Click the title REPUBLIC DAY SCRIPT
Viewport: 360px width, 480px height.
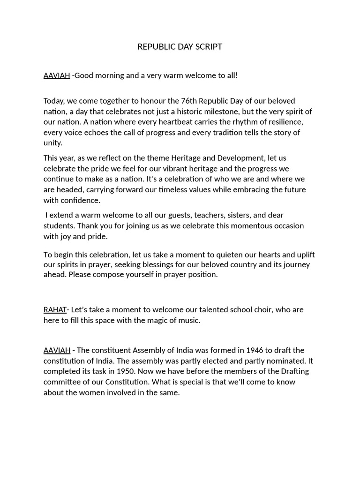(x=180, y=46)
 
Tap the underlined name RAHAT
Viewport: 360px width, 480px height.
(x=55, y=310)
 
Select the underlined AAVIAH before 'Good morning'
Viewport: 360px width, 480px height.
(x=57, y=75)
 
